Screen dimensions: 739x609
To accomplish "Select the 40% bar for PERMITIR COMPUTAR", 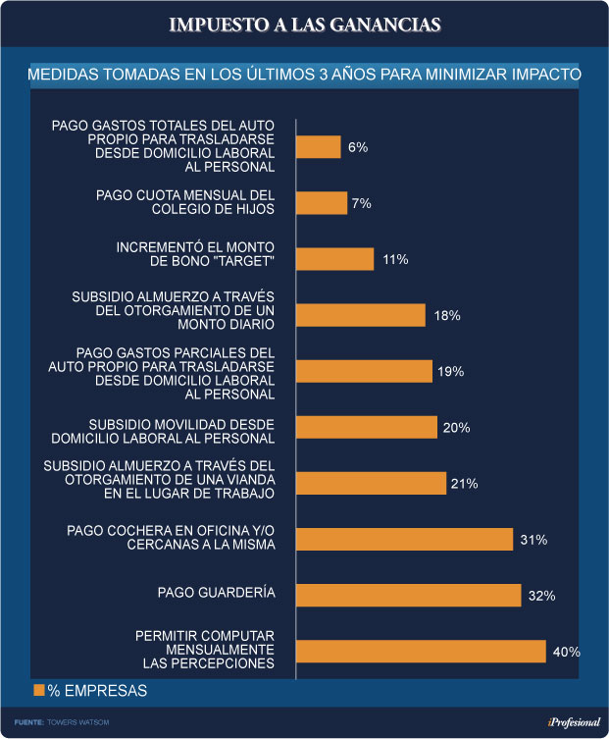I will click(x=421, y=652).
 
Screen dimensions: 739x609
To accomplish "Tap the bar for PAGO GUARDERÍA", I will click(x=408, y=596).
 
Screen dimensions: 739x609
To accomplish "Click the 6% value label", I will click(x=357, y=147).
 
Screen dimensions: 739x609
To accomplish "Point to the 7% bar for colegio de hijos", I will click(x=322, y=203).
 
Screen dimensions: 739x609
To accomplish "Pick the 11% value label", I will click(x=395, y=259).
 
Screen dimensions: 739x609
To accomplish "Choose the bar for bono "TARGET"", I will click(x=335, y=259).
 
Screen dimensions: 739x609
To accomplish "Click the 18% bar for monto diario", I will click(x=361, y=315).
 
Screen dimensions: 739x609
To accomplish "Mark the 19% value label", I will click(x=452, y=372).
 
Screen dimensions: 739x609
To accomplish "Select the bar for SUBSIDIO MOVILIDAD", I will click(x=367, y=428).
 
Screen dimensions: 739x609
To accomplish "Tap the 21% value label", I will click(x=465, y=484).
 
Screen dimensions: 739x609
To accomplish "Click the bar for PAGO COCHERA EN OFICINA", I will click(x=404, y=540).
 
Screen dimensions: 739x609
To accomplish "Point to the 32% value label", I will click(x=542, y=596).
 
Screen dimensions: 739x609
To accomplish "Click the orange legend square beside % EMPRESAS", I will click(x=39, y=691).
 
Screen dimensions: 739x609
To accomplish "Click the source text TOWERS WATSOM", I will click(x=74, y=721).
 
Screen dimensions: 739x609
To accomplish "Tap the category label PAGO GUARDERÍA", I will click(x=216, y=592).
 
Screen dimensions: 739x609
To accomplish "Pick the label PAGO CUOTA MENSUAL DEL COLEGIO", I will click(x=184, y=201).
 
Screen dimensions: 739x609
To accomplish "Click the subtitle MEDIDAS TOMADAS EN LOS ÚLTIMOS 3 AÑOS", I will click(x=304, y=75).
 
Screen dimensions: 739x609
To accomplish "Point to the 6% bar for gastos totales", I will click(x=319, y=147).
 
